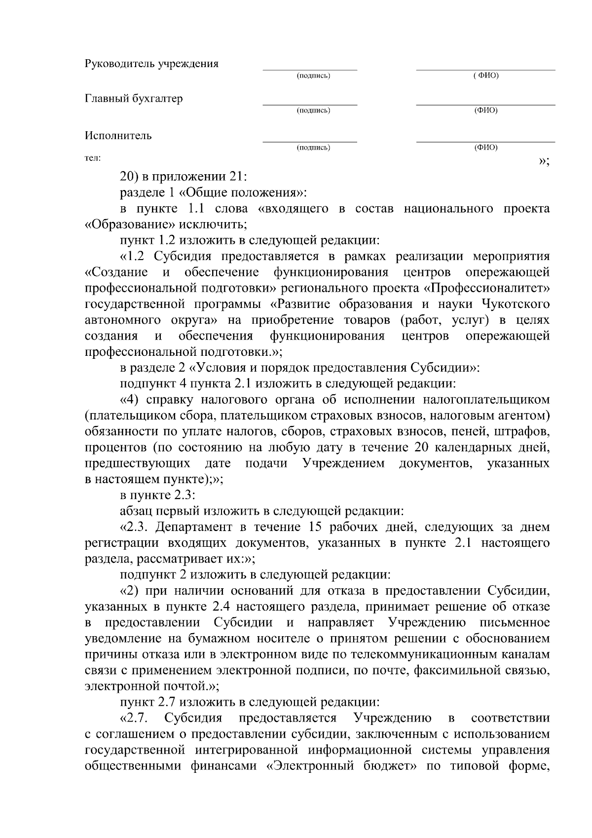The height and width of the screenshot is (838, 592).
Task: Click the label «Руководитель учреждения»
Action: pos(151,64)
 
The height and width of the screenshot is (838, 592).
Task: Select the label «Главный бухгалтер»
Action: pos(134,99)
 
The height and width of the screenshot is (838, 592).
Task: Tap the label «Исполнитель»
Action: pos(118,136)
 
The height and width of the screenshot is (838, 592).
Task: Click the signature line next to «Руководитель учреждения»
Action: pos(310,70)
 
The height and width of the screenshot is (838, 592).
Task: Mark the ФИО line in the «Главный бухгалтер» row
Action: pos(485,104)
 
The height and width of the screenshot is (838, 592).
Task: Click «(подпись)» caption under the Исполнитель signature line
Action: pos(313,148)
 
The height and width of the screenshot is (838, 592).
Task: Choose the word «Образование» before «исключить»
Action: pos(130,225)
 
